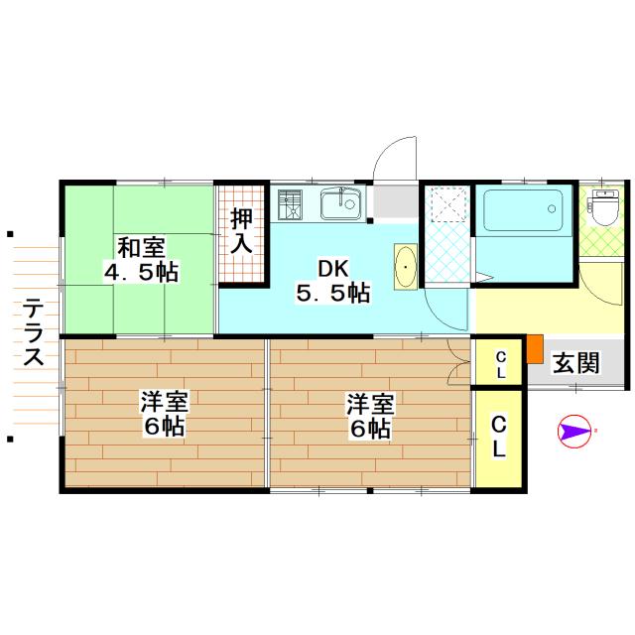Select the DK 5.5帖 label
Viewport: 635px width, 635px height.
click(332, 280)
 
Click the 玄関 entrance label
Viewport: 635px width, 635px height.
click(576, 362)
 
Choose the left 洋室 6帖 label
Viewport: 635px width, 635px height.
click(163, 415)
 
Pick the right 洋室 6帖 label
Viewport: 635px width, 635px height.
click(369, 415)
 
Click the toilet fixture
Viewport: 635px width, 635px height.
click(603, 208)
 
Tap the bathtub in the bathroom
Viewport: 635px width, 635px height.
click(523, 210)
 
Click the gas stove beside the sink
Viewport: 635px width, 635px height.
click(292, 205)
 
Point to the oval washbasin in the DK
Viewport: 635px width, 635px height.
click(407, 267)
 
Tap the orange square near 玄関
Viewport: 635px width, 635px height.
click(535, 349)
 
